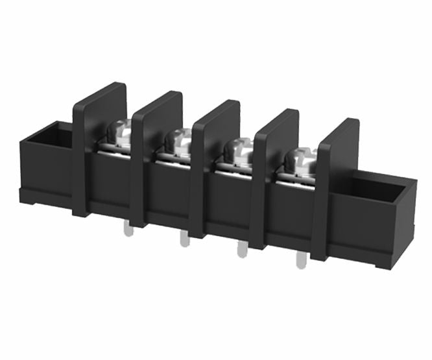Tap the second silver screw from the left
tap(178, 140)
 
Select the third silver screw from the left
tap(238, 150)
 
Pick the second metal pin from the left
tap(184, 239)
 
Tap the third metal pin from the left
tap(242, 249)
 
